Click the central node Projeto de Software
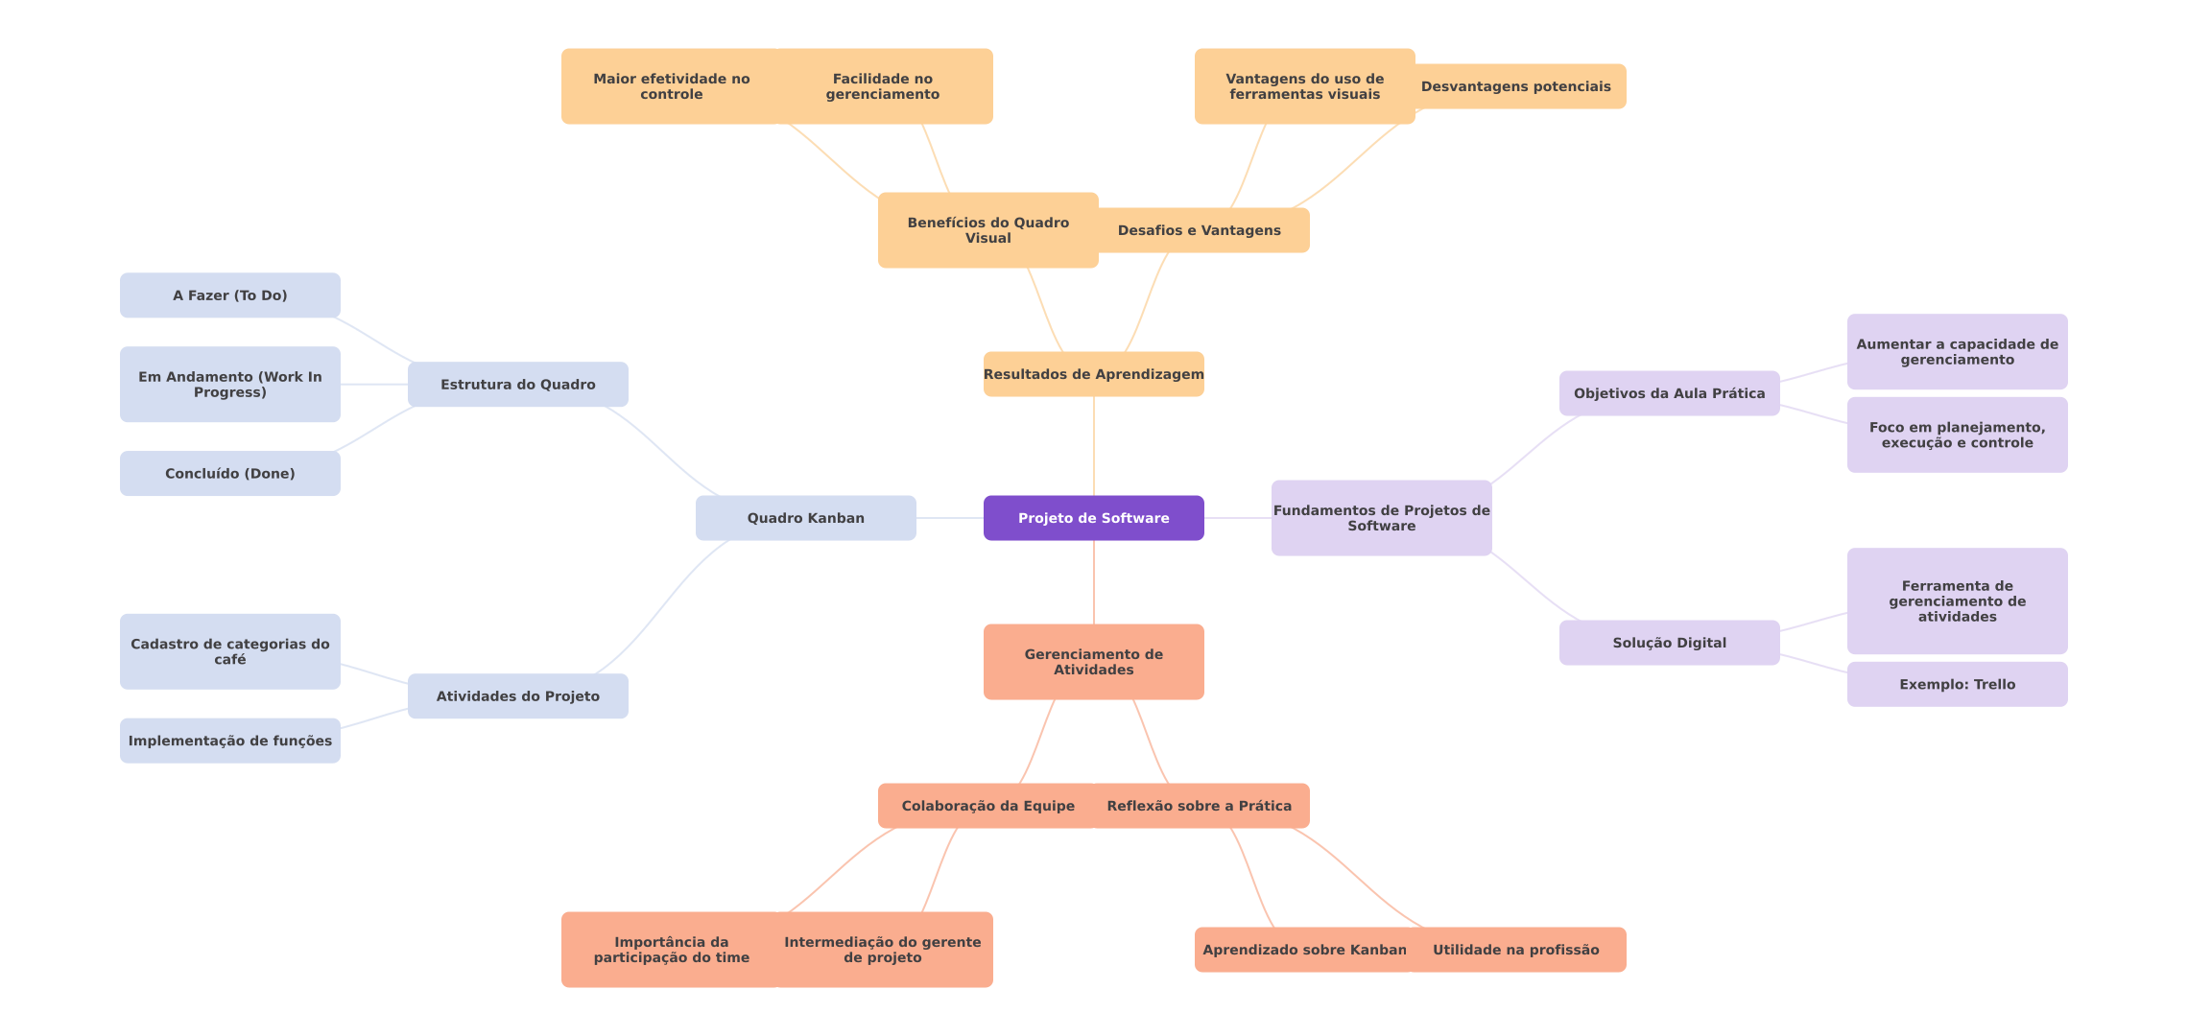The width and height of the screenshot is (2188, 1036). tap(1093, 518)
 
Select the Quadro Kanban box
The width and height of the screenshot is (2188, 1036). tap(805, 518)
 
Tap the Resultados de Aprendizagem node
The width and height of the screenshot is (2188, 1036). tap(1093, 374)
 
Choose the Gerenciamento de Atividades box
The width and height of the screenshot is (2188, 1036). tap(1093, 662)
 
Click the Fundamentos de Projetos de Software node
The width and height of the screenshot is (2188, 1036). tap(1381, 518)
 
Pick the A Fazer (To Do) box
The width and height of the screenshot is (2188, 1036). tap(229, 295)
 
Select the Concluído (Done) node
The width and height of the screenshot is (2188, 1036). tap(229, 474)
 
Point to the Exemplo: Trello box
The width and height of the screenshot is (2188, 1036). tap(1957, 684)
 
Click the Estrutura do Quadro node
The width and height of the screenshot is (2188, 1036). tap(517, 385)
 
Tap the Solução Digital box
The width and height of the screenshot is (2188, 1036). tap(1669, 643)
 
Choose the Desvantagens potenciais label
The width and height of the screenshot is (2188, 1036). tap(1515, 86)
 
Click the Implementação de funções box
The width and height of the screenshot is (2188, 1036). tap(229, 741)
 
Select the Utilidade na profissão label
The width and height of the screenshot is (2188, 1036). tap(1515, 950)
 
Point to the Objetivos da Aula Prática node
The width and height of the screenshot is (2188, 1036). tap(1669, 393)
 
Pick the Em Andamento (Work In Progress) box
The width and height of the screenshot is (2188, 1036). tap(229, 385)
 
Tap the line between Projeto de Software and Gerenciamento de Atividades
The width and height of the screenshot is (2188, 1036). tap(1094, 582)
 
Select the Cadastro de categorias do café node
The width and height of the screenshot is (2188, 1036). tap(229, 651)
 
